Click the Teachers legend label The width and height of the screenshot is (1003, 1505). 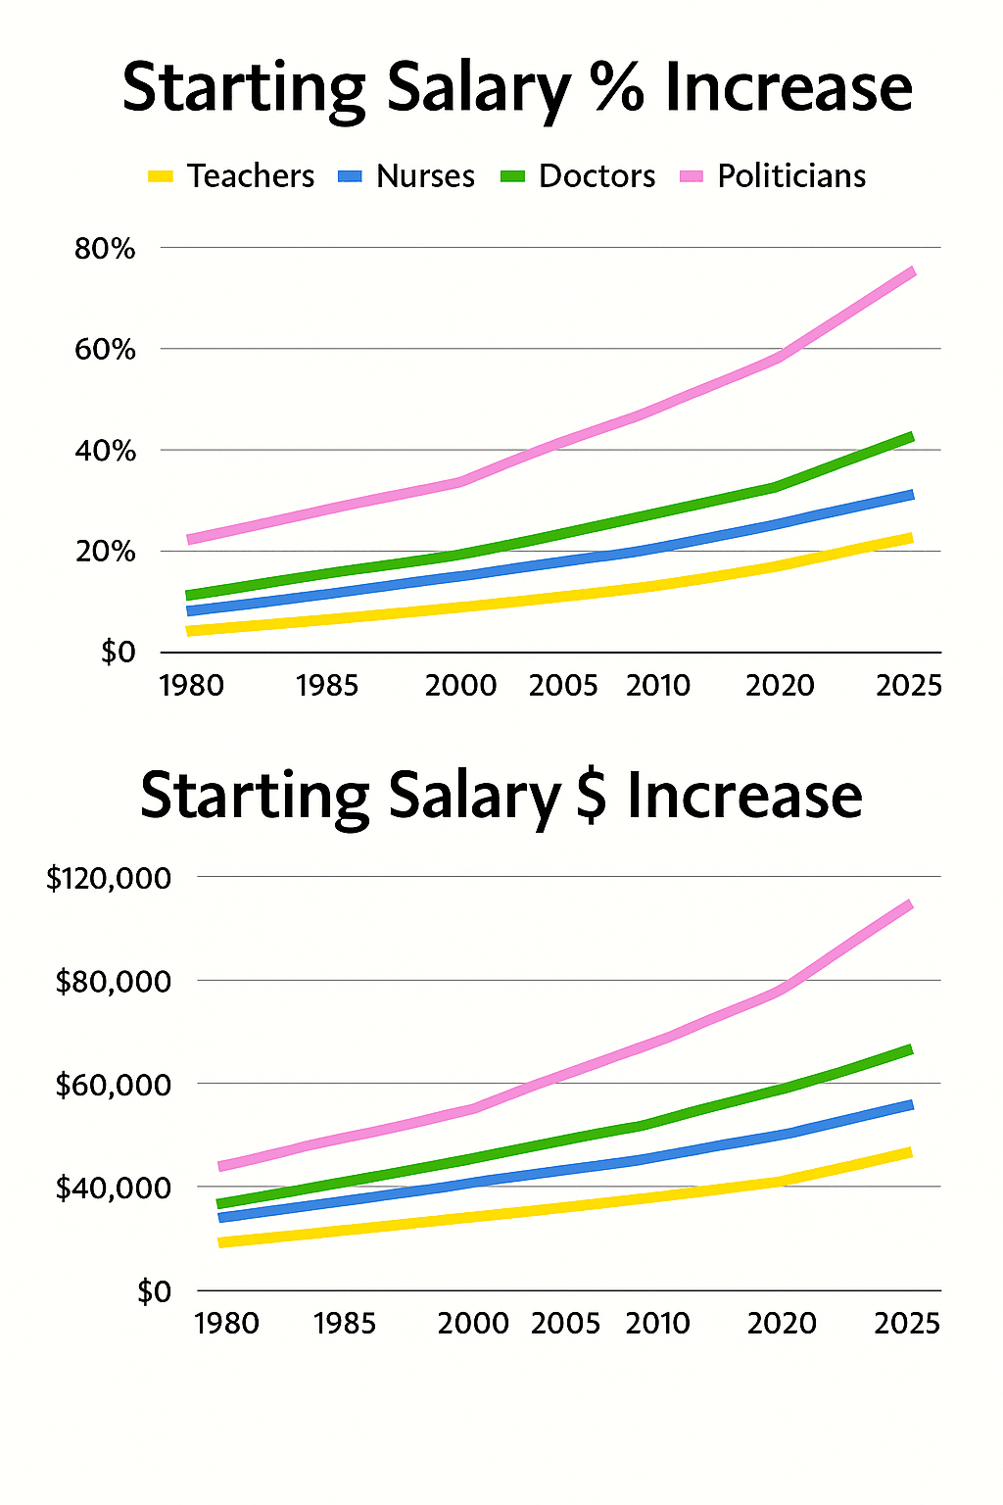(x=251, y=176)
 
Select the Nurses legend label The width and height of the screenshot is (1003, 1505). (x=425, y=176)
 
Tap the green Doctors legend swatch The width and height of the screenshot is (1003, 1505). (x=513, y=176)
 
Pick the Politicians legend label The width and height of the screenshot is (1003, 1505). (x=791, y=176)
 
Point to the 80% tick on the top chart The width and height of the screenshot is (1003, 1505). (x=105, y=249)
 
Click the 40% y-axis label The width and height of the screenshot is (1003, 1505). (x=105, y=451)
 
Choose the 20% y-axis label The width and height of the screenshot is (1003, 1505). (x=105, y=552)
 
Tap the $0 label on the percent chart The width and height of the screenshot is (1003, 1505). (x=118, y=653)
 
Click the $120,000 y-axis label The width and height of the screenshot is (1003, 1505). (x=109, y=879)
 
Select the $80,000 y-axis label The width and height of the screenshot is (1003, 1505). (x=114, y=982)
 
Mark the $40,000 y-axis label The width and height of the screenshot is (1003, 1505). (x=114, y=1189)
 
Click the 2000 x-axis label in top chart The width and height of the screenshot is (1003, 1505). (x=460, y=685)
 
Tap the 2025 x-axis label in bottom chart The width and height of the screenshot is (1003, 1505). (x=907, y=1324)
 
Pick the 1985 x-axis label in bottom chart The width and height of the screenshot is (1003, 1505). (x=345, y=1324)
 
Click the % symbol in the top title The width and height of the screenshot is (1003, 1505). (x=618, y=88)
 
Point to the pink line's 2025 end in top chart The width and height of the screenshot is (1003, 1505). (x=912, y=271)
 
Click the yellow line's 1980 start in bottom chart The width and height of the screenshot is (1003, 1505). (x=221, y=1242)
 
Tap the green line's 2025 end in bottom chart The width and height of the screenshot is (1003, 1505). (x=910, y=1049)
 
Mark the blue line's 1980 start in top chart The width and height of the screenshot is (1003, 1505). (x=190, y=611)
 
